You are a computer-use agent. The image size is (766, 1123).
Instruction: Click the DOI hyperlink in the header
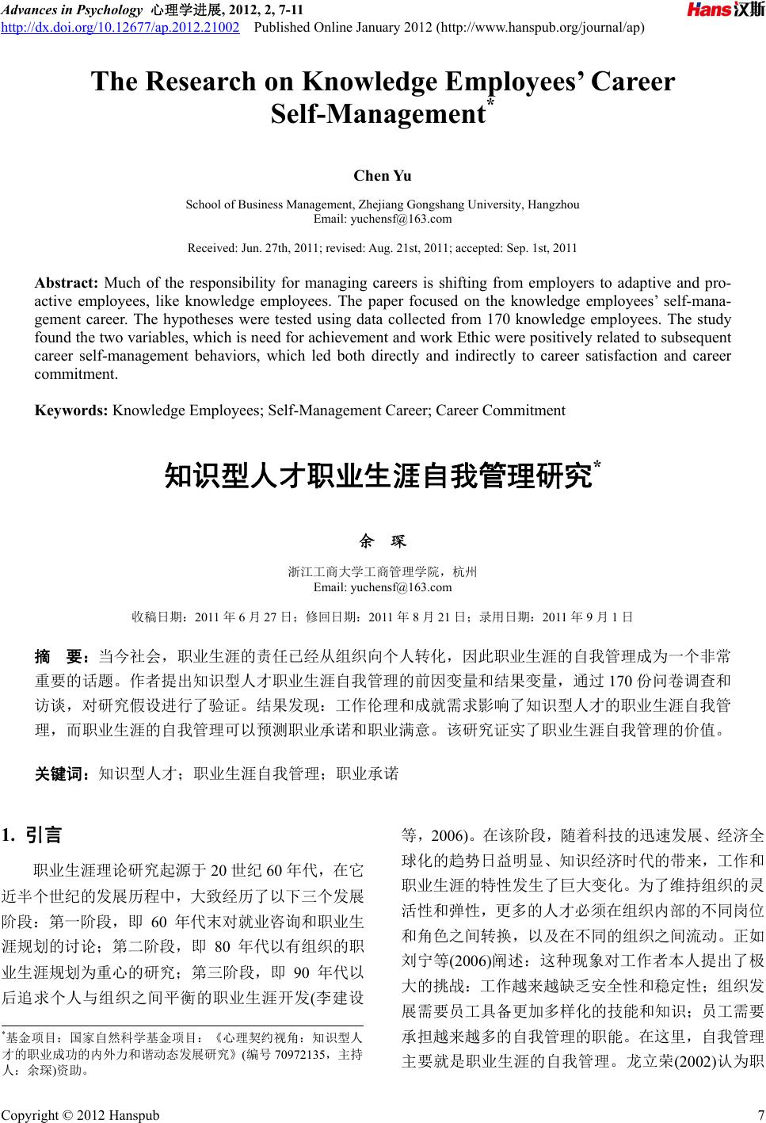point(120,28)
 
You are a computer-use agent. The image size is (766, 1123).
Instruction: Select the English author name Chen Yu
point(383,176)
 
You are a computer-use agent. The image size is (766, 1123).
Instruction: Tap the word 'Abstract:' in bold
point(66,283)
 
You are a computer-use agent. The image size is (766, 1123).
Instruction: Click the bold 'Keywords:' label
point(72,411)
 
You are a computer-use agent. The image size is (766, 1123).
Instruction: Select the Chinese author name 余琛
point(383,542)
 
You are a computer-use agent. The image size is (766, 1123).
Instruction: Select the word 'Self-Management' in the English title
point(378,114)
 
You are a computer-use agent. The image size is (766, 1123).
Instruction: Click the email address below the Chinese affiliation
point(383,587)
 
